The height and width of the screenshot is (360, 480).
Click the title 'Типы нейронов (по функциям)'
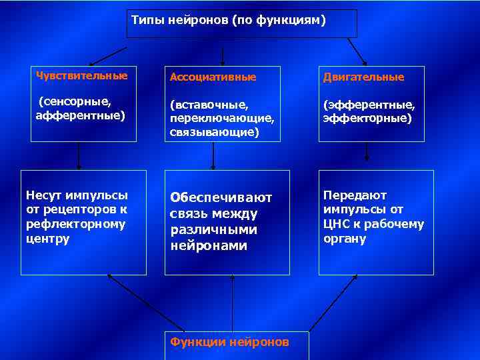229,21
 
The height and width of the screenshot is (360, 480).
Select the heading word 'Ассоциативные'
213,77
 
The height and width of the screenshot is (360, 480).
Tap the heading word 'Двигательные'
363,77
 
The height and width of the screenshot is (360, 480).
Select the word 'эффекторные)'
367,118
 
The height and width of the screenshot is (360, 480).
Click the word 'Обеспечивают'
221,197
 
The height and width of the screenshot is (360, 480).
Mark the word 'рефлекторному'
75,225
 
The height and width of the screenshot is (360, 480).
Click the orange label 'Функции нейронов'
229,342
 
